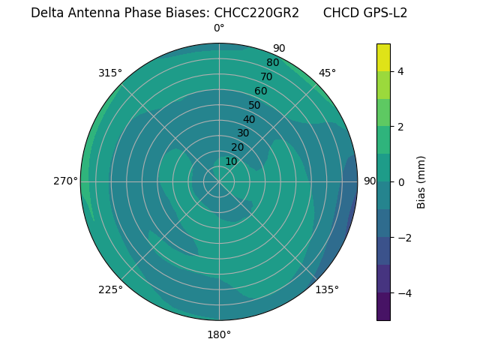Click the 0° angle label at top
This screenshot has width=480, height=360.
219,28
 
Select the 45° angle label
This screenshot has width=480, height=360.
327,73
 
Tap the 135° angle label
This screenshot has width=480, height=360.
327,289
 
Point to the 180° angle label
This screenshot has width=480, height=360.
219,334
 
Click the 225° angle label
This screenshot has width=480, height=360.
110,289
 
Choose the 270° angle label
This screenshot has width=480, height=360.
65,181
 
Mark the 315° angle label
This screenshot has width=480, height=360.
110,73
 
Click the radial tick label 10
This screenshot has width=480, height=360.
231,161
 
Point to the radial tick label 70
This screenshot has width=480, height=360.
267,77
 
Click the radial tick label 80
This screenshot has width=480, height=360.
273,63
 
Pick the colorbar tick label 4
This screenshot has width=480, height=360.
400,71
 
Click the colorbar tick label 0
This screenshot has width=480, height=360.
400,182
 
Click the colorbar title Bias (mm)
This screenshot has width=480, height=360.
421,182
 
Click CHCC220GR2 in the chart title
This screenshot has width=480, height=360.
256,13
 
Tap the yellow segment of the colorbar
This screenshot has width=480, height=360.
383,58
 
